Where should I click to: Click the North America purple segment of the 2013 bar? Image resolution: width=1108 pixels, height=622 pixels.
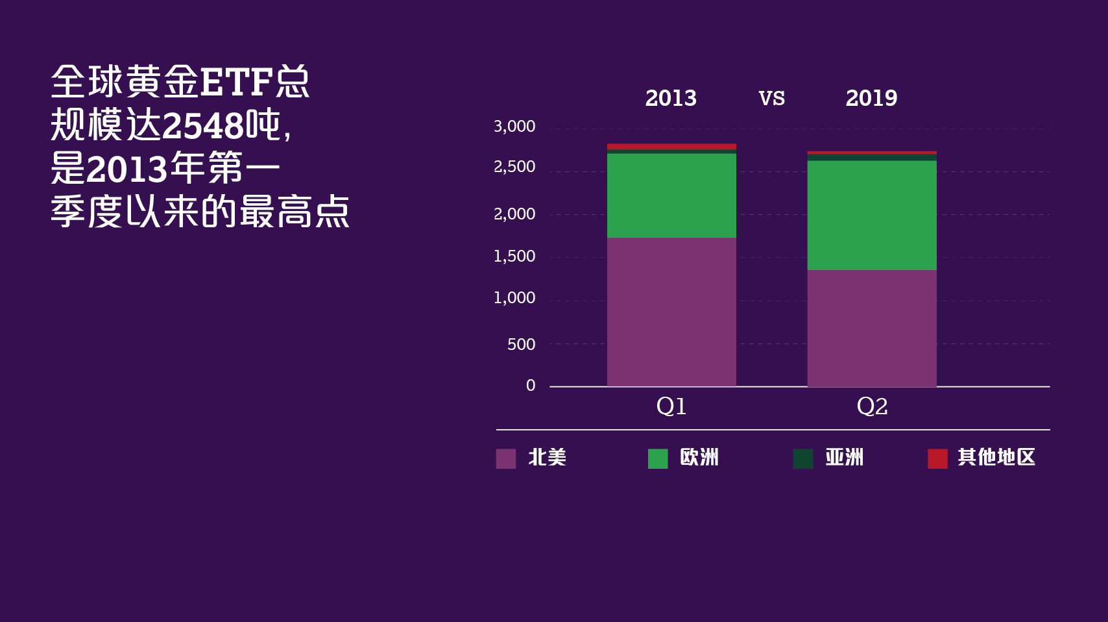[x=671, y=312]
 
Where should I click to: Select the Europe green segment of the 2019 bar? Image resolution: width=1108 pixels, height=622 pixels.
[x=871, y=215]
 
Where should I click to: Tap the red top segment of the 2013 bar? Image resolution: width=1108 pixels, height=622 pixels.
[x=671, y=147]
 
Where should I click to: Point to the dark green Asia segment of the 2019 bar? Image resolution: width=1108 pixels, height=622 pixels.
[x=871, y=157]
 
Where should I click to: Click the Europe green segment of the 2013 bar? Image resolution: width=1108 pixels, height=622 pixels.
[x=671, y=195]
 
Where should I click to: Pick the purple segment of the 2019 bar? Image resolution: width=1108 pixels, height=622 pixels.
[x=871, y=328]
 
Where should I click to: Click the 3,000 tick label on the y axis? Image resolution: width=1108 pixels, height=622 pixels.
[x=514, y=127]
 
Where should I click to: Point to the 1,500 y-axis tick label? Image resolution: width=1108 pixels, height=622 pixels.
[x=514, y=256]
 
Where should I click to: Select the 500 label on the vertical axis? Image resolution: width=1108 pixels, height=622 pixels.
[x=521, y=344]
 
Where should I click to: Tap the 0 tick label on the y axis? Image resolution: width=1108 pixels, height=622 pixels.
[x=531, y=386]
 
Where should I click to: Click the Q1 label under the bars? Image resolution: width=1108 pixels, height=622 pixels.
[x=671, y=406]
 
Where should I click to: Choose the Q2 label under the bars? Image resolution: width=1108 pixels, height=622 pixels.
[x=872, y=406]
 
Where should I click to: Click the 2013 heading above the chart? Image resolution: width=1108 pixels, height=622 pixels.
[x=671, y=99]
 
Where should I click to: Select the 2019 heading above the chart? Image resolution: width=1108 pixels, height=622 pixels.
[x=871, y=99]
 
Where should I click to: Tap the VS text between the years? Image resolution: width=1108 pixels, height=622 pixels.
[x=772, y=99]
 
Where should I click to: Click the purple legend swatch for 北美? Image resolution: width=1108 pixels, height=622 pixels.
[x=506, y=458]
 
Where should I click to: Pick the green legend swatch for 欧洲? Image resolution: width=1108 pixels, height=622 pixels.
[x=658, y=458]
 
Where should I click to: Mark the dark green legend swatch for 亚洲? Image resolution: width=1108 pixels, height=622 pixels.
[x=803, y=458]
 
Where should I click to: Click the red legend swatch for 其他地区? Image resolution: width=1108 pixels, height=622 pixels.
[x=937, y=458]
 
